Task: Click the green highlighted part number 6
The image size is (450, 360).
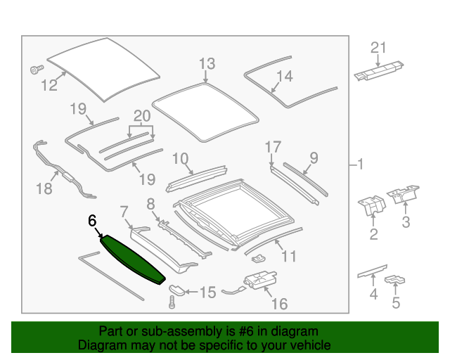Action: pos(134,258)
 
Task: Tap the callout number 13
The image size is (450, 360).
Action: pos(206,64)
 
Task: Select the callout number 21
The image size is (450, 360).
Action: pos(379,48)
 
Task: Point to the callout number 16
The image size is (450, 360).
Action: pos(279,304)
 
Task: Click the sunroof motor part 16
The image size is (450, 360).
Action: pos(257,280)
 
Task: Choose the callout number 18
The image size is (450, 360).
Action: pos(44,188)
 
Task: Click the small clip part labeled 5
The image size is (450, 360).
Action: pos(397,282)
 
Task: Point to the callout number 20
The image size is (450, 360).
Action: pos(143,116)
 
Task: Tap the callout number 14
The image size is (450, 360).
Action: pos(283,76)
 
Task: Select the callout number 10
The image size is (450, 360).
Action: pos(181,159)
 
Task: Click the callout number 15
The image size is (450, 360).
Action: pos(208,292)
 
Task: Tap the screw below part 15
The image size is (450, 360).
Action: pos(171,303)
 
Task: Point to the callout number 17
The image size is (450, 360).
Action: pos(272,147)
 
